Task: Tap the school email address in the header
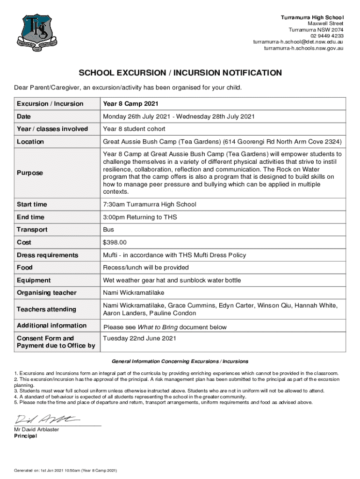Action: tap(298, 42)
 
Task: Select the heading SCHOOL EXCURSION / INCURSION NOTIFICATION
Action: tap(180, 73)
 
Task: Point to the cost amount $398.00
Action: tap(115, 242)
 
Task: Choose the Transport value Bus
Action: tap(108, 230)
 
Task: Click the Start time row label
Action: tap(32, 204)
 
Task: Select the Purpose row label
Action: tap(29, 173)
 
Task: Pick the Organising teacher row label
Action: tap(46, 293)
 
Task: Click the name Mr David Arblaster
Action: tap(37, 429)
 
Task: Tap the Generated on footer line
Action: tap(65, 470)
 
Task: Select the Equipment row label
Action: tap(33, 280)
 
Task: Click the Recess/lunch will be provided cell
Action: tap(146, 268)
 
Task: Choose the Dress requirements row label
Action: tap(47, 255)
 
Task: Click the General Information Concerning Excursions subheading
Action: tap(180, 362)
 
